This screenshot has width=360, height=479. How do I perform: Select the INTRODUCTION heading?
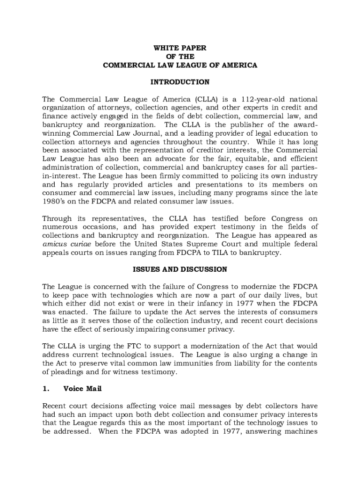pos(180,82)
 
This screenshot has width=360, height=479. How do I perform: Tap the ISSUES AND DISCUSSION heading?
pos(180,269)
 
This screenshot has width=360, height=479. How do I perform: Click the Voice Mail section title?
pos(82,388)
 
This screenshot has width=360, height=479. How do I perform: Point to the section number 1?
pos(46,388)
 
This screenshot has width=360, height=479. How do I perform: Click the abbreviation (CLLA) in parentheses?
pos(202,99)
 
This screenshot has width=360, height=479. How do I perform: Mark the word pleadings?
pos(68,372)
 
